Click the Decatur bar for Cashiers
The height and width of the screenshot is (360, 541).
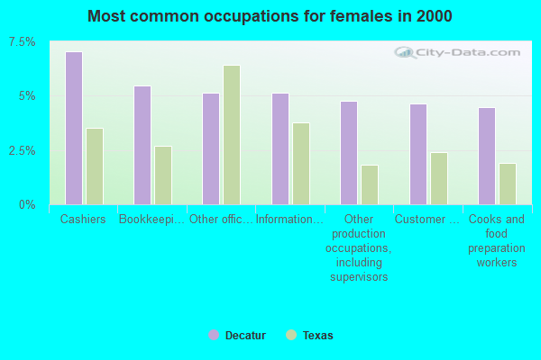74,128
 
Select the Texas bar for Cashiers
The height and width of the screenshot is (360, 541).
95,166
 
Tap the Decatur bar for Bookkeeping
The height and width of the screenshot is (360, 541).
142,145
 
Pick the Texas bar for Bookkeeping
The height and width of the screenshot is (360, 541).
163,175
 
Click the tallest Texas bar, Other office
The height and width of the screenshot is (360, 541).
232,135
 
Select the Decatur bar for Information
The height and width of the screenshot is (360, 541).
280,148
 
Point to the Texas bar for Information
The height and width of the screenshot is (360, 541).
301,164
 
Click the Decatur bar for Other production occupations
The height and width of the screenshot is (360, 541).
349,153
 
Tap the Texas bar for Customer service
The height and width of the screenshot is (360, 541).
438,178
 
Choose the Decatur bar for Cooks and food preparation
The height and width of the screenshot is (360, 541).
487,156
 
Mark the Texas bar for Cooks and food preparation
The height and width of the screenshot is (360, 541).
508,184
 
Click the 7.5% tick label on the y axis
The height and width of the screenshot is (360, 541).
23,42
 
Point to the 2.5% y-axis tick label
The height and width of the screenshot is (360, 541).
23,150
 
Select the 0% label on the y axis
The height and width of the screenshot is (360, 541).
27,204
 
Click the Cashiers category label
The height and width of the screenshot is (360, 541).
83,220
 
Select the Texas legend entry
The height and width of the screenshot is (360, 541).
310,336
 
